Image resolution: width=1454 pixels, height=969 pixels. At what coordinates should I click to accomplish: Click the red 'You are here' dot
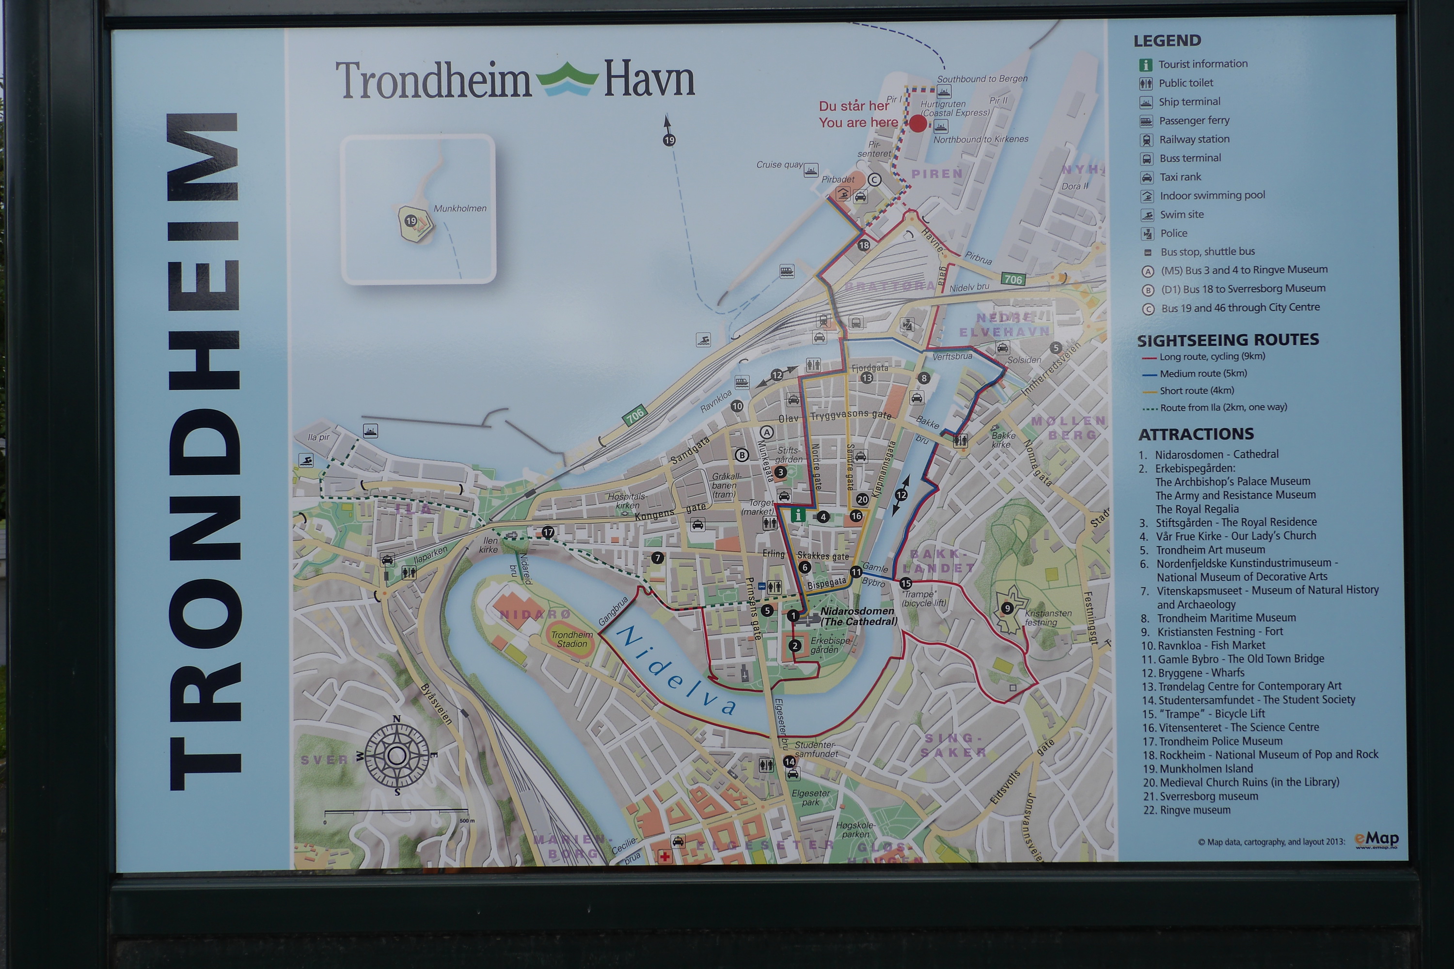pyautogui.click(x=918, y=124)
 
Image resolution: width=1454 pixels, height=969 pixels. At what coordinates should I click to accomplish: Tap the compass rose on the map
pyautogui.click(x=396, y=755)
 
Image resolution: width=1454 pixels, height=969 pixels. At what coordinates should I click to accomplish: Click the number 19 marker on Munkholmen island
pyautogui.click(x=411, y=220)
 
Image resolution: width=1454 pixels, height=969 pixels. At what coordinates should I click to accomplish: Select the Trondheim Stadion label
pyautogui.click(x=572, y=639)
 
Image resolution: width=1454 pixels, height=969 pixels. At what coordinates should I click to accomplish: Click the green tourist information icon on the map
pyautogui.click(x=797, y=515)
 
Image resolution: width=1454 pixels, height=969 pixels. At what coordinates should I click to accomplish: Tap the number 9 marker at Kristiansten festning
pyautogui.click(x=1007, y=608)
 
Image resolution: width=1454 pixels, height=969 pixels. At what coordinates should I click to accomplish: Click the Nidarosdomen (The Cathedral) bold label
pyautogui.click(x=858, y=615)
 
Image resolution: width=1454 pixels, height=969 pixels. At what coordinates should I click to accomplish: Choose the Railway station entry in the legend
pyautogui.click(x=1193, y=139)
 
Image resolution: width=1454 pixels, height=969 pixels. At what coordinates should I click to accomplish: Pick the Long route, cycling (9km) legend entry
pyautogui.click(x=1212, y=357)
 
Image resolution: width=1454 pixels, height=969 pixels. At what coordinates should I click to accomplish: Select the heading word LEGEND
pyautogui.click(x=1167, y=41)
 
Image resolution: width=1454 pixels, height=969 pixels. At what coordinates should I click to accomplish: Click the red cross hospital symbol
pyautogui.click(x=665, y=856)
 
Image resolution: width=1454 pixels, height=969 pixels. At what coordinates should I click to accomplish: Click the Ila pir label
pyautogui.click(x=318, y=437)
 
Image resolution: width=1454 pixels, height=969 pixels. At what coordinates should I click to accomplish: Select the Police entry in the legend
pyautogui.click(x=1173, y=233)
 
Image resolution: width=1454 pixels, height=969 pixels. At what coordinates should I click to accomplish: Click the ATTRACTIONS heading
pyautogui.click(x=1196, y=434)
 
